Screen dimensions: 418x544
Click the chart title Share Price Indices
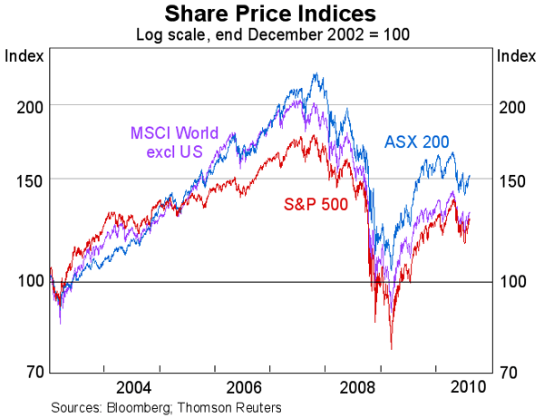pyautogui.click(x=271, y=14)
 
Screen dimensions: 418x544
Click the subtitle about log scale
pyautogui.click(x=271, y=34)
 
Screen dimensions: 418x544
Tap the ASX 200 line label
pyautogui.click(x=417, y=141)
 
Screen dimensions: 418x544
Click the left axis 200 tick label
pyautogui.click(x=28, y=106)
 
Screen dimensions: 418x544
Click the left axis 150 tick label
pyautogui.click(x=28, y=180)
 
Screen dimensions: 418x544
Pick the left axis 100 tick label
pyautogui.click(x=28, y=281)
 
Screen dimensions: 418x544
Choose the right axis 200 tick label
pyautogui.click(x=514, y=106)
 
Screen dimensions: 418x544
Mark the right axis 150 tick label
pyautogui.click(x=514, y=180)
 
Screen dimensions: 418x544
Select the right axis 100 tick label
pyautogui.click(x=514, y=281)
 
